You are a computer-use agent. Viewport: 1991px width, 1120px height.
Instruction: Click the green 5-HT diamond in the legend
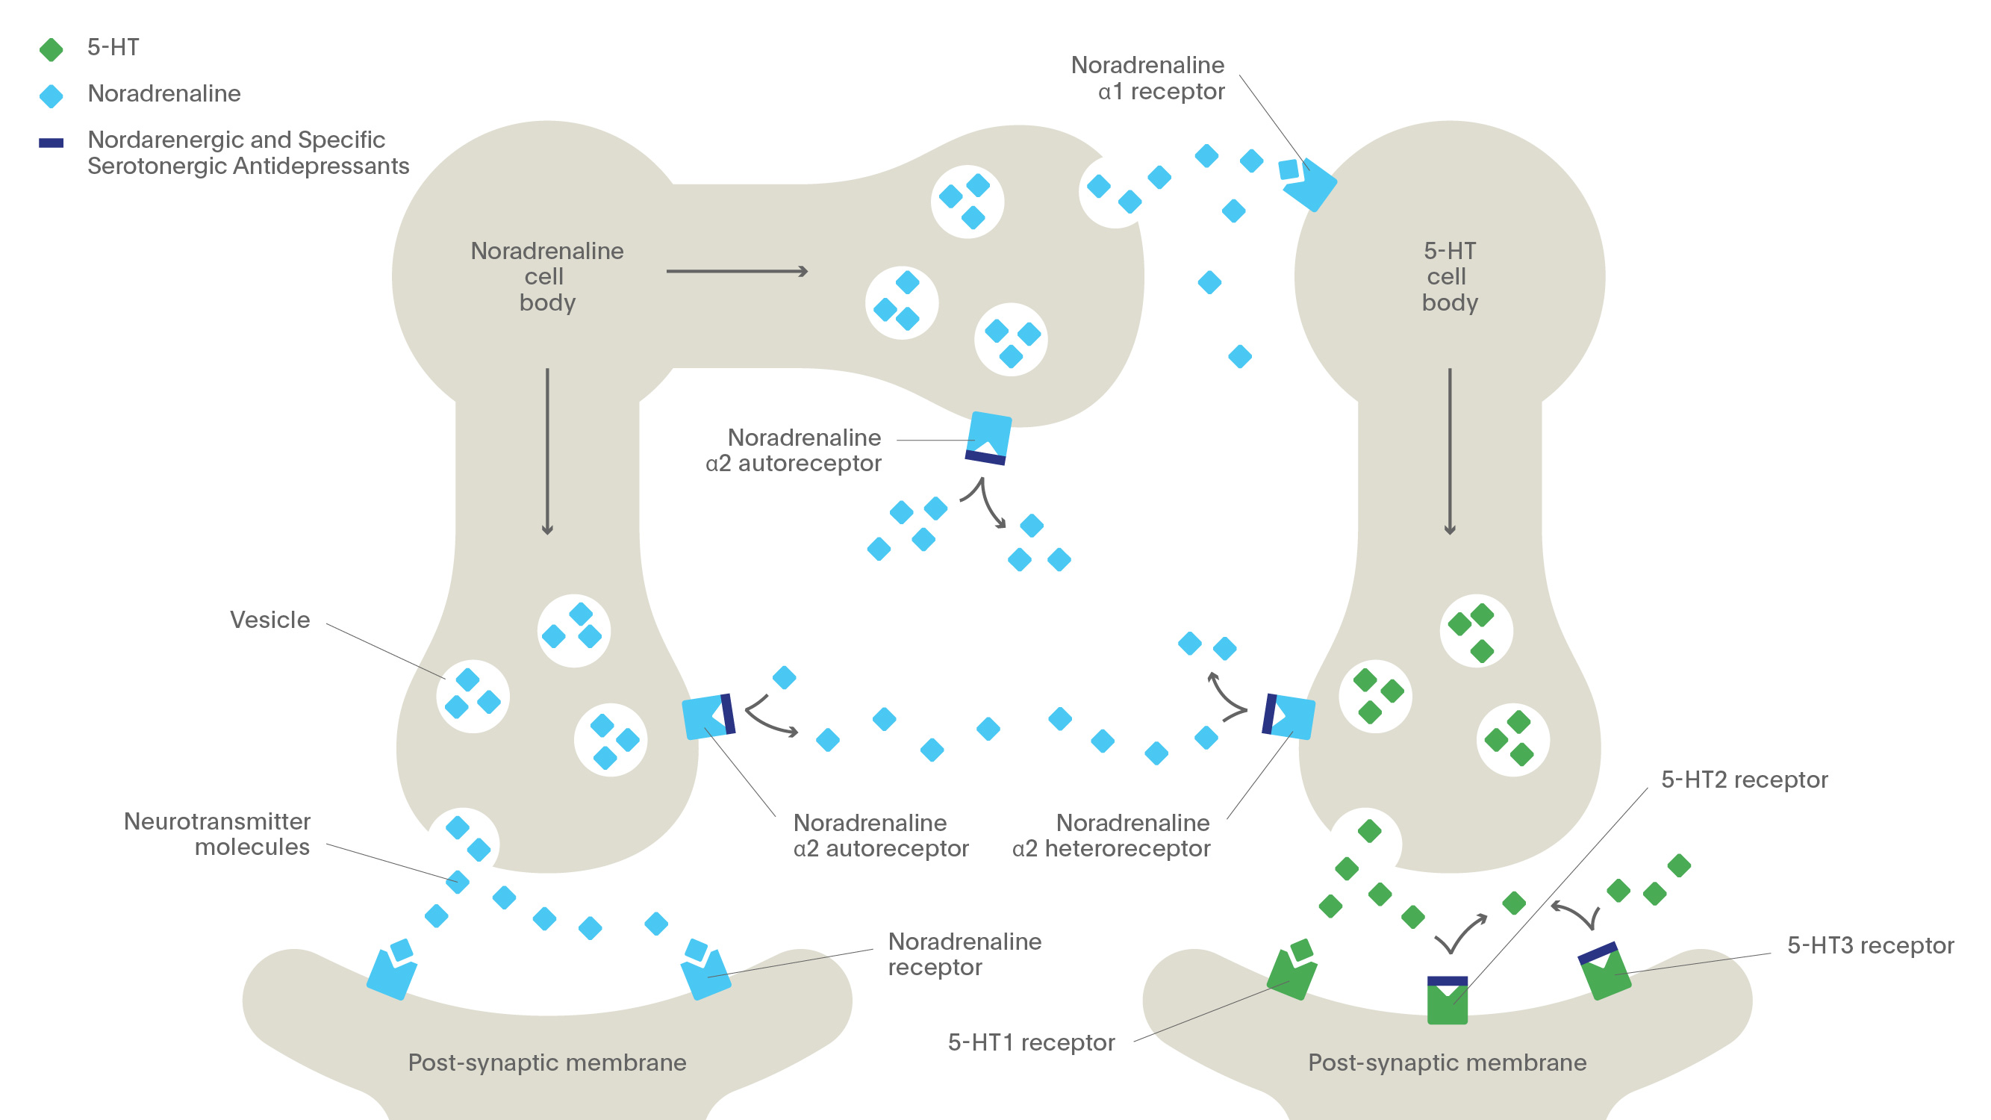pyautogui.click(x=51, y=49)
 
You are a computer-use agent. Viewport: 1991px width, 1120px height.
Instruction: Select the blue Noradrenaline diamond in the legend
pyautogui.click(x=51, y=96)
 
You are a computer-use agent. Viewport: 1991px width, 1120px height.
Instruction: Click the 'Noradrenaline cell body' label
pyautogui.click(x=546, y=276)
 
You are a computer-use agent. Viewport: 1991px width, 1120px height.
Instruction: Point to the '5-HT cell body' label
pyautogui.click(x=1449, y=276)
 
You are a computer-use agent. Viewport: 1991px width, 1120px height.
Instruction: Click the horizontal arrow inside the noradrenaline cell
pyautogui.click(x=737, y=271)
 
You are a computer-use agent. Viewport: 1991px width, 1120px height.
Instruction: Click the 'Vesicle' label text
pyautogui.click(x=269, y=620)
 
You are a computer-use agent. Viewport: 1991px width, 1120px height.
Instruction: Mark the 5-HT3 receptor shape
pyautogui.click(x=1605, y=973)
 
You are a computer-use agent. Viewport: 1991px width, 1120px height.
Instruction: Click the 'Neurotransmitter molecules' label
pyautogui.click(x=217, y=834)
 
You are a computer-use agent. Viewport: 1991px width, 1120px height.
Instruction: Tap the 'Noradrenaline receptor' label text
pyautogui.click(x=964, y=953)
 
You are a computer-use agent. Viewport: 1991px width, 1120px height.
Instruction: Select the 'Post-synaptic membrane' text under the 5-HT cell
pyautogui.click(x=1447, y=1063)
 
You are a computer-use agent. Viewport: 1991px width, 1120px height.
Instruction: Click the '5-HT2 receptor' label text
pyautogui.click(x=1744, y=780)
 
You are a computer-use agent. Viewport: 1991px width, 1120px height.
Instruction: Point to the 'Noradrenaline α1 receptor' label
pyautogui.click(x=1147, y=78)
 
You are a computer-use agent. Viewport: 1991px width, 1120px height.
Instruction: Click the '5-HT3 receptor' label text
pyautogui.click(x=1869, y=945)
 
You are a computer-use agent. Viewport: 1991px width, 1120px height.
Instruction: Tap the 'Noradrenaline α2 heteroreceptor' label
pyautogui.click(x=1112, y=836)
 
